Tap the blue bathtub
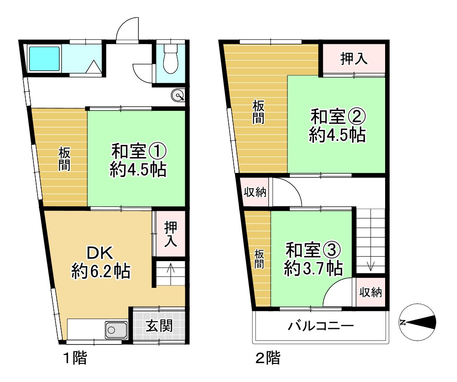click(x=44, y=58)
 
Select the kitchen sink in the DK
click(x=116, y=329)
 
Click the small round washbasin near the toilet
click(x=178, y=95)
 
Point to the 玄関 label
click(x=159, y=325)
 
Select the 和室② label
click(x=337, y=116)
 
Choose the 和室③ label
click(x=312, y=249)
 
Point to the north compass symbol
click(x=418, y=322)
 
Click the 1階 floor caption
click(x=75, y=358)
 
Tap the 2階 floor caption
click(x=268, y=359)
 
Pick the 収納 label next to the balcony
click(x=371, y=292)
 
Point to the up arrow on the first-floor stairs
click(x=170, y=268)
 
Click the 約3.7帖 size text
click(x=312, y=269)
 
